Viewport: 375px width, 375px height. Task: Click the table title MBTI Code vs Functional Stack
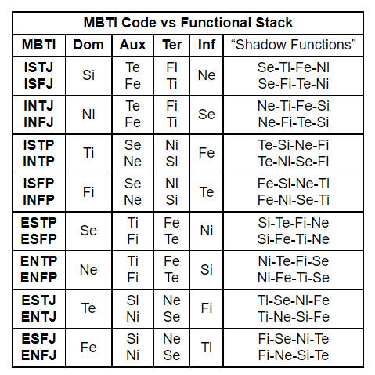tap(188, 23)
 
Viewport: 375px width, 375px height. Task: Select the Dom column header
tap(88, 45)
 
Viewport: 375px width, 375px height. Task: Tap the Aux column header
tap(132, 45)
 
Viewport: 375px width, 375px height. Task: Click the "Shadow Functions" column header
tap(294, 45)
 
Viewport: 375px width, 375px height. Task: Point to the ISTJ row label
tap(38, 67)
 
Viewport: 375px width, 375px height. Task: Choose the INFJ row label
tap(38, 122)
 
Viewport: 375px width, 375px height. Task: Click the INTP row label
tap(38, 162)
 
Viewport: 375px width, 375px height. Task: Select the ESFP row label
tap(38, 239)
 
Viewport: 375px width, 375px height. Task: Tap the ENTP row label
tap(38, 261)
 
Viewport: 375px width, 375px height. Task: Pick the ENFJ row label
tap(38, 355)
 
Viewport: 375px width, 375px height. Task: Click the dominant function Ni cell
tap(88, 115)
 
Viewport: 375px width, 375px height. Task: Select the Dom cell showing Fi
tap(88, 192)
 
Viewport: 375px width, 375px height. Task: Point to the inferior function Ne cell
tap(207, 75)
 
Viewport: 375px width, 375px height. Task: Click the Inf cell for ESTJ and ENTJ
tap(207, 308)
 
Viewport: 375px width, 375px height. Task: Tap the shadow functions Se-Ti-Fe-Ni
tap(294, 67)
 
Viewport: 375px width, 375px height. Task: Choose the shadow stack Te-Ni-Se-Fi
tap(294, 162)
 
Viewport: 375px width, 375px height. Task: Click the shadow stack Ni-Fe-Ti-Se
tap(294, 278)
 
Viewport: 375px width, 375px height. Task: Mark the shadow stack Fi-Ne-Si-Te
tap(294, 355)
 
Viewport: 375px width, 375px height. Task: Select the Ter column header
tap(172, 45)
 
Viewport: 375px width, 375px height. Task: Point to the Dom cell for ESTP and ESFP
tap(88, 231)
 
